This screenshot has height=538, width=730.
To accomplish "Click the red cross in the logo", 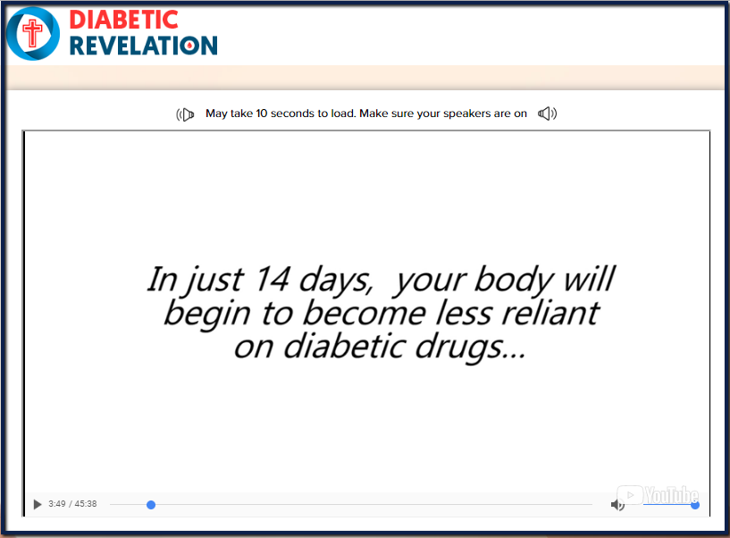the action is coord(32,33).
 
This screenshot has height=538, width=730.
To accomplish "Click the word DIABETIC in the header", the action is coord(124,20).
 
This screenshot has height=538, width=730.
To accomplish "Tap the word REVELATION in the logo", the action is coord(143,46).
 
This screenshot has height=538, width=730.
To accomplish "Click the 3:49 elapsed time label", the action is coord(57,504).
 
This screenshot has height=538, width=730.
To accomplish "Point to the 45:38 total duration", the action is coord(86,504).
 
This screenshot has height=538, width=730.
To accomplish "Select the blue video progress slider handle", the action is coord(151,505).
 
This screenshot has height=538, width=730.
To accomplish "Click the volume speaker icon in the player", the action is coord(617,504).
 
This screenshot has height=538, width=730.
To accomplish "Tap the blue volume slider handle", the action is coord(695,505).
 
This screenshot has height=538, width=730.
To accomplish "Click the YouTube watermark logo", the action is coord(658,495).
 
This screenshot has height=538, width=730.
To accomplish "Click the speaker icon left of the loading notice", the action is coord(185,114).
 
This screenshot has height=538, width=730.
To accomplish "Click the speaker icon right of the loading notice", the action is coord(548,113).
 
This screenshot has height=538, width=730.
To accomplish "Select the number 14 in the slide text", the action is coord(273,280).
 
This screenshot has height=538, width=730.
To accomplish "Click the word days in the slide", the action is coord(336,281).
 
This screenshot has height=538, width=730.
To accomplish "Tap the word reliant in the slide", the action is coord(550,313).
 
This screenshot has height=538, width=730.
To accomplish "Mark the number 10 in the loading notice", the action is coord(262,113).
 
